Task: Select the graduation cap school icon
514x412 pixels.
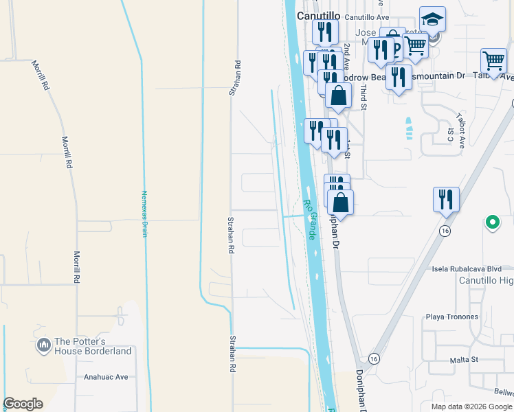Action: pyautogui.click(x=432, y=20)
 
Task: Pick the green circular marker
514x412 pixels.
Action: pyautogui.click(x=491, y=222)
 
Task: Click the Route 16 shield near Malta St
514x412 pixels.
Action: pyautogui.click(x=374, y=359)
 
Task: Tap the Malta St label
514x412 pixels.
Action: pyautogui.click(x=464, y=359)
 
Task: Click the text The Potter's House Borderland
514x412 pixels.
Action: pyautogui.click(x=93, y=346)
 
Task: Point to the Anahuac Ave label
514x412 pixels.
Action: pyautogui.click(x=106, y=376)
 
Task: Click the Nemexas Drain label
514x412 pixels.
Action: pyautogui.click(x=145, y=214)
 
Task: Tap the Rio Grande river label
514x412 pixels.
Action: pyautogui.click(x=310, y=219)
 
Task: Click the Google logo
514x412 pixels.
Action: pyautogui.click(x=23, y=404)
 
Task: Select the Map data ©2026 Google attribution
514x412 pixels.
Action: pyautogui.click(x=470, y=407)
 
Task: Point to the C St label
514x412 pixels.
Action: pyautogui.click(x=451, y=135)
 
